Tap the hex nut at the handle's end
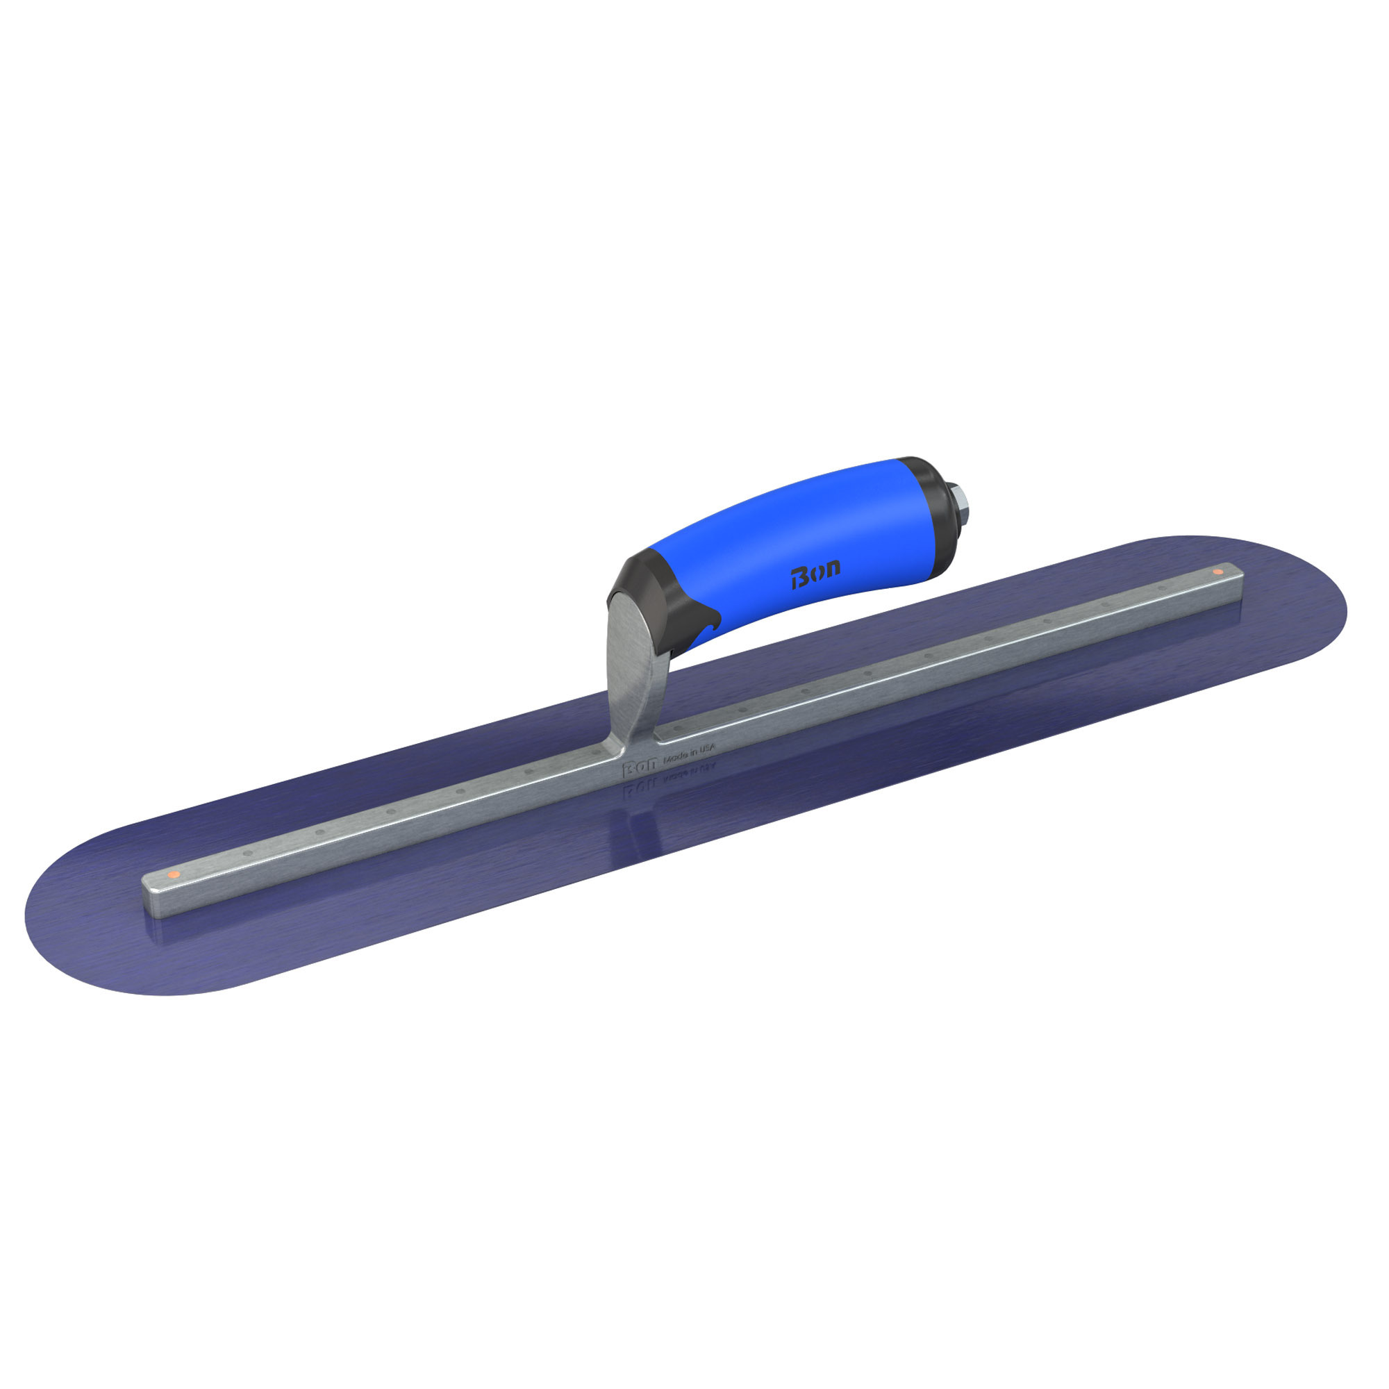point(960,496)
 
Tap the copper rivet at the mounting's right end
point(1217,572)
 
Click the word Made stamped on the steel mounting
point(676,756)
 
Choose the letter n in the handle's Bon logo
point(832,569)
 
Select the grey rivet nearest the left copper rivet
point(248,854)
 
